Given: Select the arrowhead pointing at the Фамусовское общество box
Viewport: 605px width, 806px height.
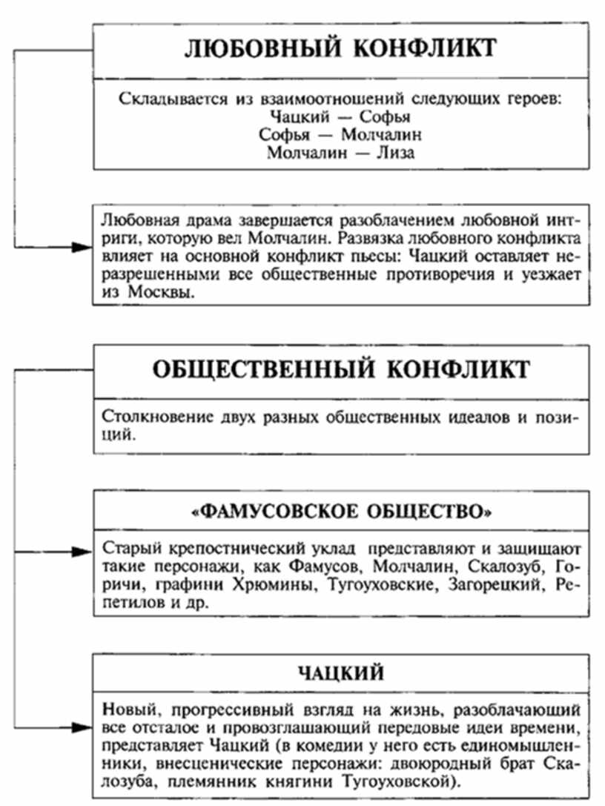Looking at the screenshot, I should coord(82,551).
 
